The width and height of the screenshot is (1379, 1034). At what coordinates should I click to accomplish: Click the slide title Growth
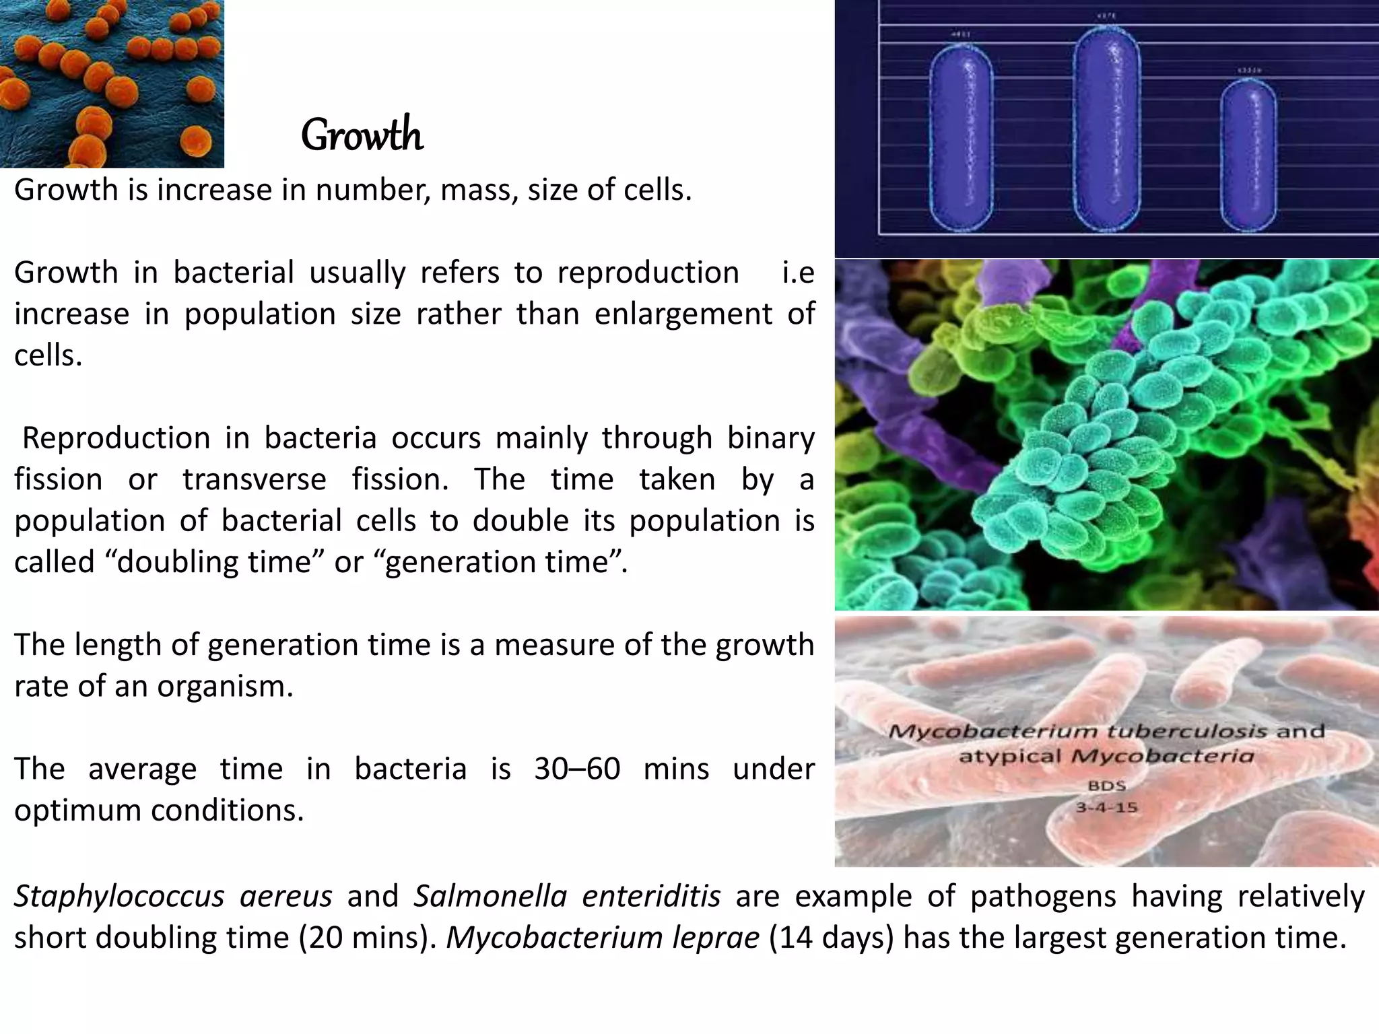click(362, 135)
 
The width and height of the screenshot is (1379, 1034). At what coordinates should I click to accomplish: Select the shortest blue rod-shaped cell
click(1248, 155)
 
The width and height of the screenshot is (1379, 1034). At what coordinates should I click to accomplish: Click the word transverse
click(255, 480)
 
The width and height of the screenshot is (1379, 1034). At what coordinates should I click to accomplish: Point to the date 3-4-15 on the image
click(1106, 806)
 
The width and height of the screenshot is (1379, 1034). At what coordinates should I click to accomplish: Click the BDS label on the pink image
click(1106, 785)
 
